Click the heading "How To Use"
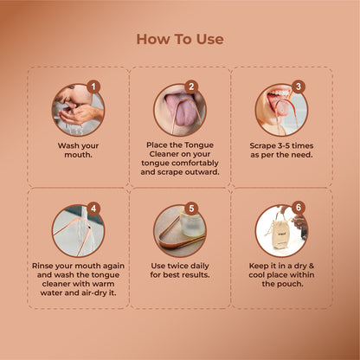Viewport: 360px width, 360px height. pos(180,39)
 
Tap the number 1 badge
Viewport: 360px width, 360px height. pos(93,87)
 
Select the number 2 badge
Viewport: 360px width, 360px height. pos(191,87)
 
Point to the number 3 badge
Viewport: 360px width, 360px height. pos(298,87)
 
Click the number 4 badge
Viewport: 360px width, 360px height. pos(93,209)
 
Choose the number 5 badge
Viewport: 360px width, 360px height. pos(191,209)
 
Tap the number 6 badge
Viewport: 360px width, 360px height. pos(298,209)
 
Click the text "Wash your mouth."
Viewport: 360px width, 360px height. pos(79,151)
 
